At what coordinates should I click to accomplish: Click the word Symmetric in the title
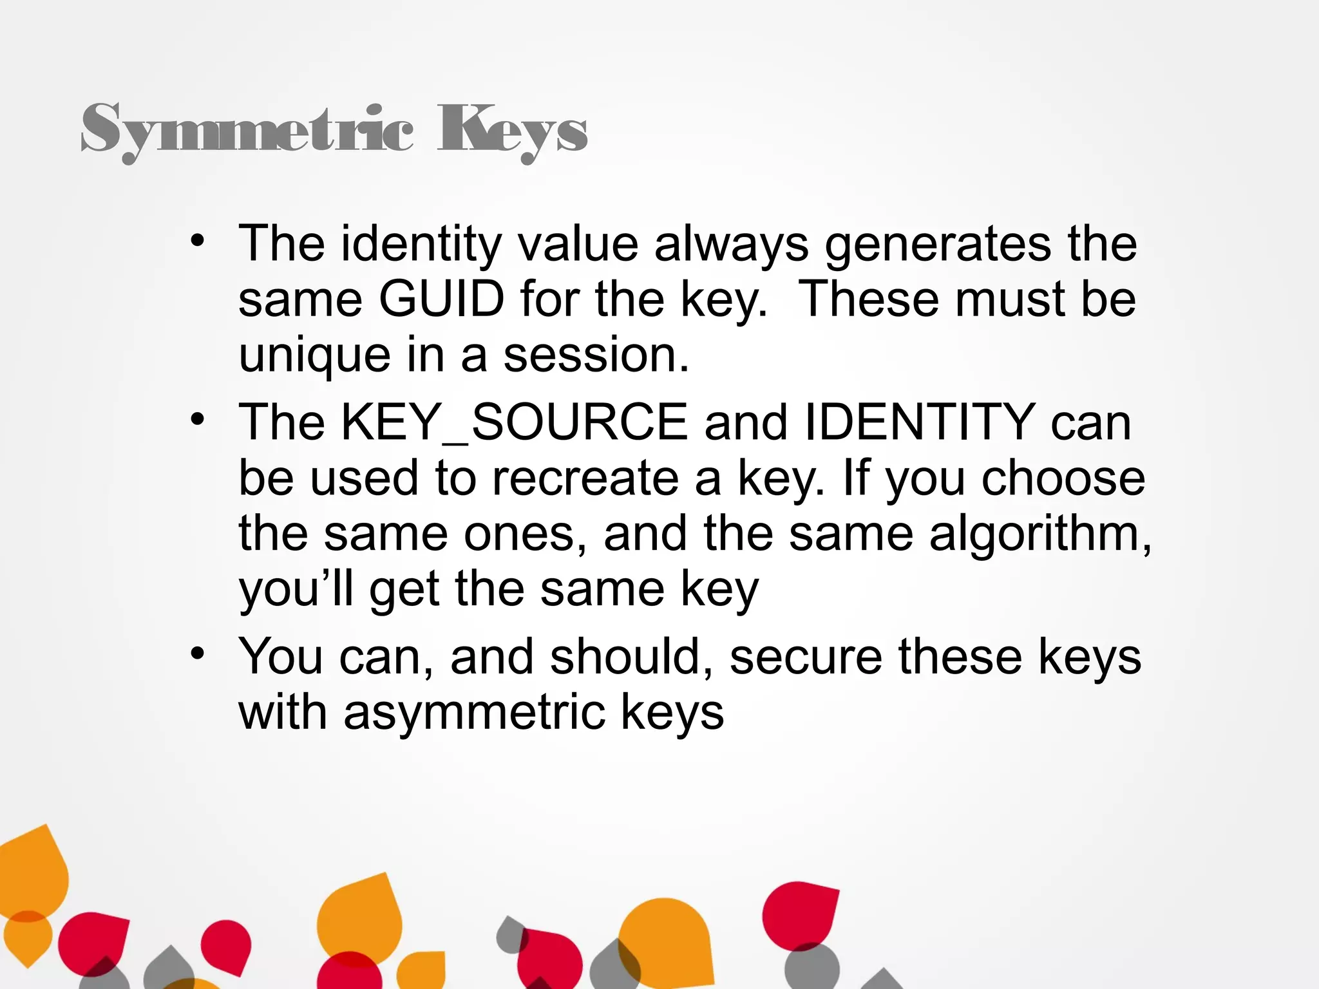tap(247, 129)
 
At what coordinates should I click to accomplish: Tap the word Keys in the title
tap(512, 129)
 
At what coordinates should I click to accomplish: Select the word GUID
tap(441, 299)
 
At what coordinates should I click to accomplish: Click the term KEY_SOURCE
tap(514, 422)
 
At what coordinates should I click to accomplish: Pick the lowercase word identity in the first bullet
tap(421, 245)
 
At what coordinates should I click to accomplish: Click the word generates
tap(938, 245)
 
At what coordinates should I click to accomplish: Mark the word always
tap(732, 245)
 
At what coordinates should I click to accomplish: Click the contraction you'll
tap(296, 590)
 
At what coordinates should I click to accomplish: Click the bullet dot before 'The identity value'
tap(197, 241)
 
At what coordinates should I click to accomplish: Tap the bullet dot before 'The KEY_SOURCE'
tap(197, 420)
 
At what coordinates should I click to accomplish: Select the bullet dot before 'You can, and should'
tap(197, 654)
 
